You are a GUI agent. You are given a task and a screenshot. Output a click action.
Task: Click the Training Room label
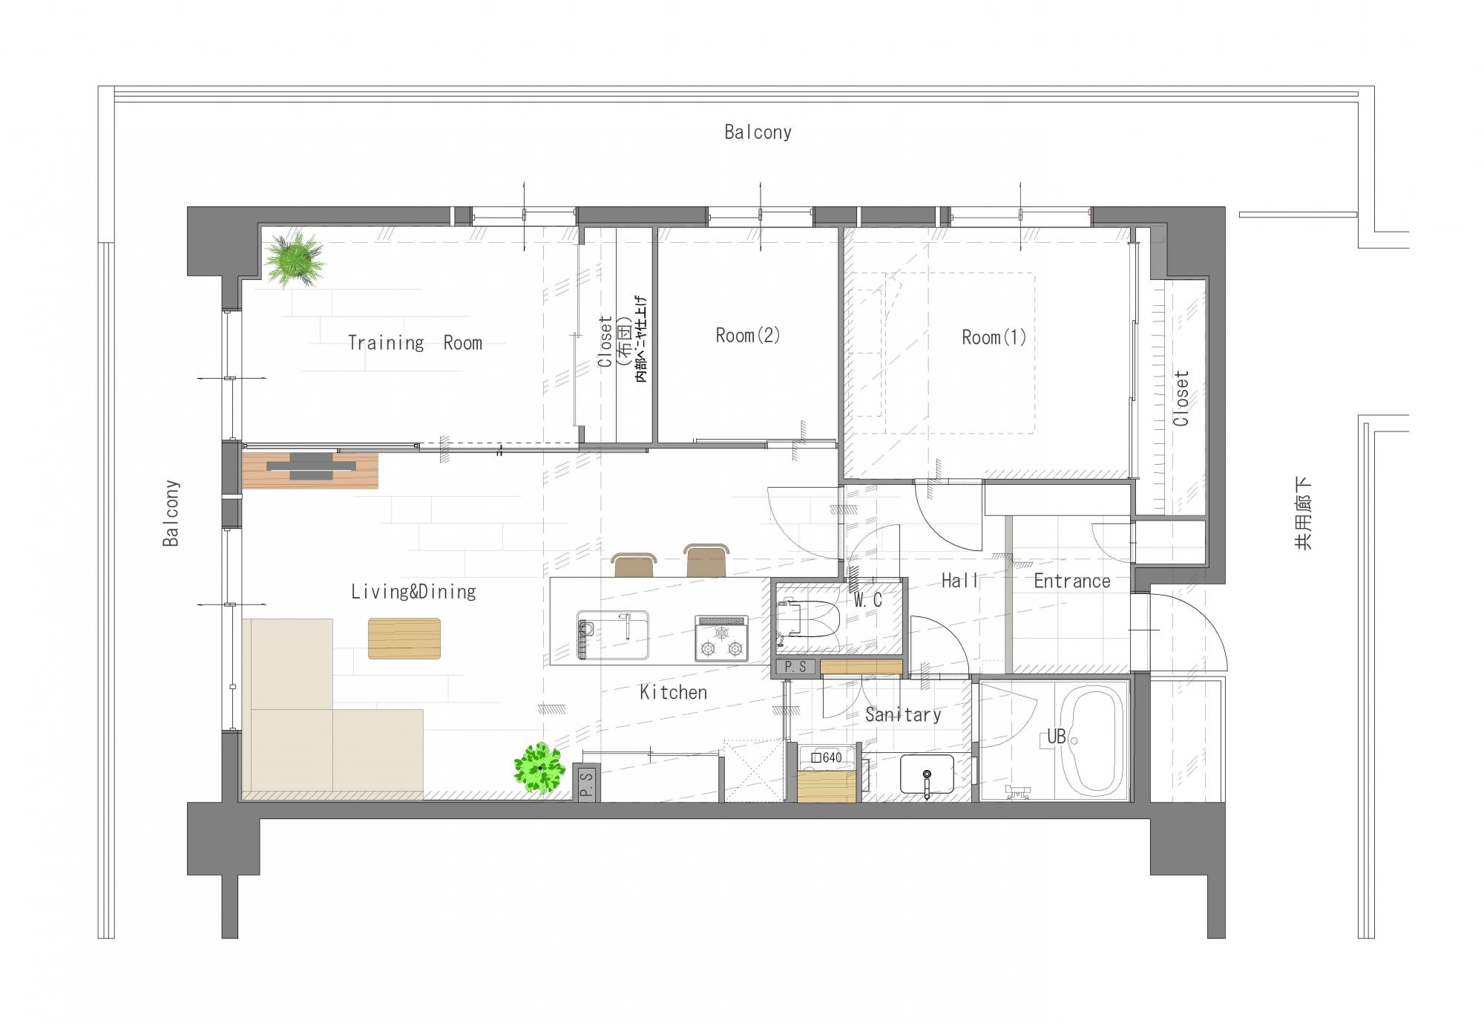tap(415, 343)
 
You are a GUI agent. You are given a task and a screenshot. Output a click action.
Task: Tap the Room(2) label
tap(748, 336)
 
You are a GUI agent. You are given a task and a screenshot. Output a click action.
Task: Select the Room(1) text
tap(994, 338)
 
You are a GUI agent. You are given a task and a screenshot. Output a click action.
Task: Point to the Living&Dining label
tap(413, 592)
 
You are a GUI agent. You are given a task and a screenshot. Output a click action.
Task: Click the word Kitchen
tap(673, 693)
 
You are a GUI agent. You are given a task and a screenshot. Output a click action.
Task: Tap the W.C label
tap(867, 600)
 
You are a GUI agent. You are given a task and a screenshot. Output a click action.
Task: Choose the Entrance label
tap(1072, 581)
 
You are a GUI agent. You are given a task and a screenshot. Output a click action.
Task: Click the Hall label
tap(959, 581)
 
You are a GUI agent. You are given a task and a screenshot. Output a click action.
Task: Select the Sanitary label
tap(903, 715)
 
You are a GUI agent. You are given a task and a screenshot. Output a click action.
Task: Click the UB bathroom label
tap(1056, 737)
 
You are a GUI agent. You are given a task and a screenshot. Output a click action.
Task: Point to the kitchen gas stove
tap(721, 639)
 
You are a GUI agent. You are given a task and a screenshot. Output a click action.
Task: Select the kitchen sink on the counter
tap(613, 636)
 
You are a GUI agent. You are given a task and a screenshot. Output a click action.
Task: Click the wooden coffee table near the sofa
tap(404, 639)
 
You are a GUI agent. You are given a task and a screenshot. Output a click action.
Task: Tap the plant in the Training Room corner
tap(295, 258)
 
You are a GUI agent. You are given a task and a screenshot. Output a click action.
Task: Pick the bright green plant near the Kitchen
tap(539, 769)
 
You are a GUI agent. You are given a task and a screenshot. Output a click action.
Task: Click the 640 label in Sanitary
tap(827, 758)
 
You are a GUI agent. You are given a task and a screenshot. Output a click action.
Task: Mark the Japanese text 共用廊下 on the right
tap(1304, 513)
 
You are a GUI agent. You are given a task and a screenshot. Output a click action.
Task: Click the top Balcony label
tap(758, 132)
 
